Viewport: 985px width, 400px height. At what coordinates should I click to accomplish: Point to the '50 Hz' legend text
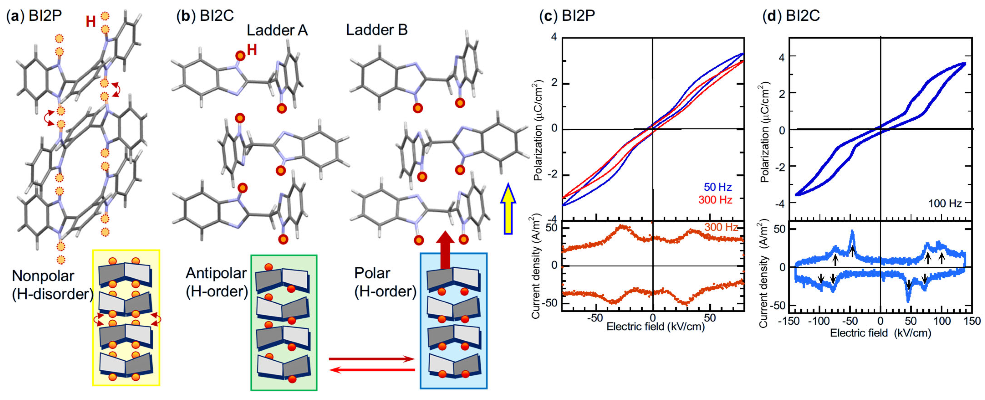click(x=718, y=187)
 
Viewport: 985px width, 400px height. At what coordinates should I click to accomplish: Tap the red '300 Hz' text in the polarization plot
click(x=715, y=200)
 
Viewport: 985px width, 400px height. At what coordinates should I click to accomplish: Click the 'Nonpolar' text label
click(x=43, y=276)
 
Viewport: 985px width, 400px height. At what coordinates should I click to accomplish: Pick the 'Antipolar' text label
click(x=216, y=273)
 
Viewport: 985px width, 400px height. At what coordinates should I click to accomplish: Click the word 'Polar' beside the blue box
click(x=372, y=273)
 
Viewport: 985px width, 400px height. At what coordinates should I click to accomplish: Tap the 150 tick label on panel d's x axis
click(x=971, y=321)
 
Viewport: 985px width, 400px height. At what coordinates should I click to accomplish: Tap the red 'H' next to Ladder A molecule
click(x=252, y=50)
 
